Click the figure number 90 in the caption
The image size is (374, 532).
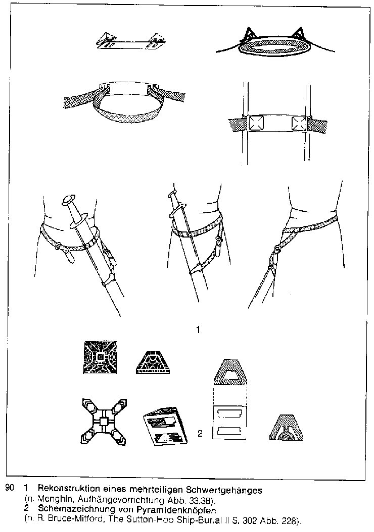tap(10, 489)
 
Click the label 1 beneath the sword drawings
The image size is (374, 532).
tap(198, 329)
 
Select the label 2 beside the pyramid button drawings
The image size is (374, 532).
tap(200, 433)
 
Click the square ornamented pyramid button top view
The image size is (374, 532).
tap(100, 357)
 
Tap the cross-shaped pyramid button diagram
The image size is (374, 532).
tap(104, 422)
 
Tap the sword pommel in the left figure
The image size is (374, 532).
tap(69, 200)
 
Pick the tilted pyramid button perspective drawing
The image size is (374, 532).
tap(165, 425)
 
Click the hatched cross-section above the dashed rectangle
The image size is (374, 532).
tap(230, 372)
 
